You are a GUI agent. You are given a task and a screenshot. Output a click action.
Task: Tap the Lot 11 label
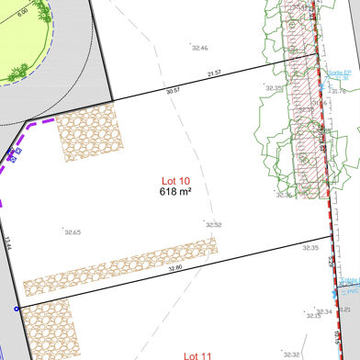(197, 354)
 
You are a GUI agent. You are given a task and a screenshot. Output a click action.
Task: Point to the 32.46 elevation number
(198, 47)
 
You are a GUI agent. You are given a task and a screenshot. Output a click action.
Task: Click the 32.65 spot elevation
(72, 232)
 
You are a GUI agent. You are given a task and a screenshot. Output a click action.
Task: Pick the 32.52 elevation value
(213, 225)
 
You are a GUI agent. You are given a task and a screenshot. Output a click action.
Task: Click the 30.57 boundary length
(174, 91)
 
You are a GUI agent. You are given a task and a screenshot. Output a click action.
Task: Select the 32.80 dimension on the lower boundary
(174, 267)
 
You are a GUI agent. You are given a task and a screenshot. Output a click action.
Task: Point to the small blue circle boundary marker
(16, 309)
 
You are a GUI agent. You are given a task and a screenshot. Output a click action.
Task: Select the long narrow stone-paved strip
(119, 267)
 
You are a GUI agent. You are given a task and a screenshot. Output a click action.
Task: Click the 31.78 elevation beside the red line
(338, 91)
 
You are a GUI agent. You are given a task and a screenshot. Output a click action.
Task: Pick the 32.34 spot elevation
(322, 311)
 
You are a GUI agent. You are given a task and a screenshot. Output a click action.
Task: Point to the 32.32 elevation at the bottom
(291, 354)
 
